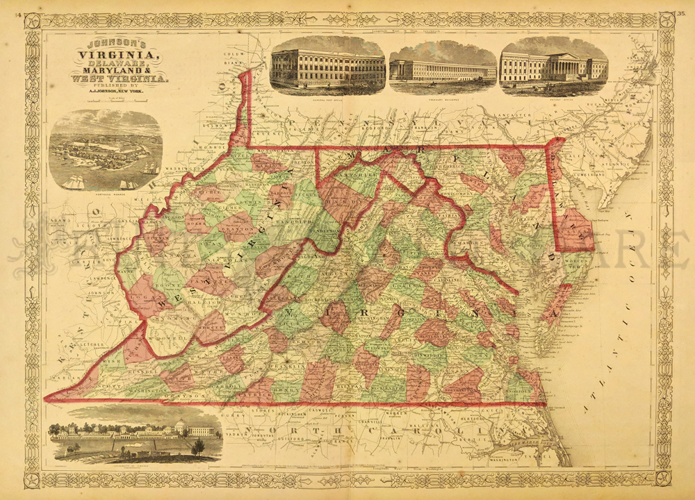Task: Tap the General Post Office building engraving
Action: click(x=327, y=65)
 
